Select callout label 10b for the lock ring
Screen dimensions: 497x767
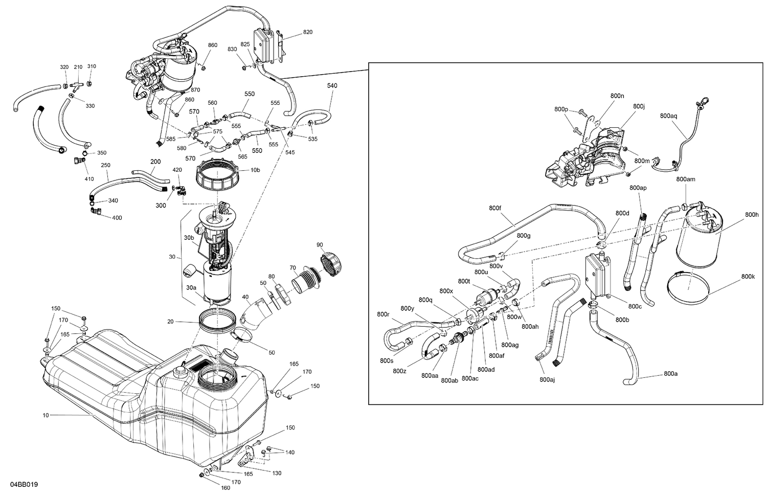[x=255, y=170]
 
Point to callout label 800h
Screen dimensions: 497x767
[x=752, y=214]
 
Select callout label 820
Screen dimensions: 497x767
[x=307, y=32]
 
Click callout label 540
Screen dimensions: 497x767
[x=332, y=86]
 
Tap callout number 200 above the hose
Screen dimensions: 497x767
[x=155, y=162]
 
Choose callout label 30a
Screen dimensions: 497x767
[x=191, y=288]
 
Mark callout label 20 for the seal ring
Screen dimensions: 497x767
[x=170, y=322]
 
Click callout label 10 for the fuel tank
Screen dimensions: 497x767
[x=46, y=415]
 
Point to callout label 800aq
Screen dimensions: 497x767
[x=668, y=116]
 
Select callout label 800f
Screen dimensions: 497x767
[x=495, y=208]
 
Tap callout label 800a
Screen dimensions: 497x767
[x=670, y=374]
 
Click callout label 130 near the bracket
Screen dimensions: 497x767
[x=277, y=473]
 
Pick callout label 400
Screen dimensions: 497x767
[x=117, y=218]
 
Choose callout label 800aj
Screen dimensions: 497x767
[x=547, y=379]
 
